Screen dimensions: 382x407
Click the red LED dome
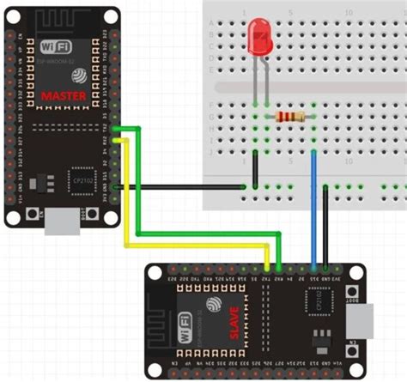(x=258, y=35)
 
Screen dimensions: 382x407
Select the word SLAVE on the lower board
(x=233, y=321)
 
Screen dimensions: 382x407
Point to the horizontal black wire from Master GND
(x=180, y=186)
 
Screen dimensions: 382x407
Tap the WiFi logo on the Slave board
(x=185, y=330)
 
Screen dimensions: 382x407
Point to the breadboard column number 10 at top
(x=348, y=13)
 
